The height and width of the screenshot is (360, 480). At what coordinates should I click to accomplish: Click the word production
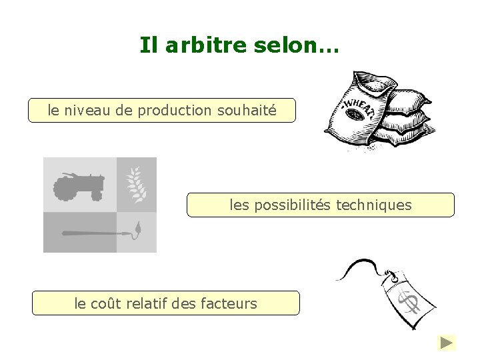pos(175,111)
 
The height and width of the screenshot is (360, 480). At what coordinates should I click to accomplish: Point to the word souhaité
pos(247,111)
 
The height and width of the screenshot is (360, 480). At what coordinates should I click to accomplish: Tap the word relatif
pos(145,303)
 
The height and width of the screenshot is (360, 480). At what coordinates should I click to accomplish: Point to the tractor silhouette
pos(79,186)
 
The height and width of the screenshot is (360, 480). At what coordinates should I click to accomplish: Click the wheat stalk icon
pos(137,184)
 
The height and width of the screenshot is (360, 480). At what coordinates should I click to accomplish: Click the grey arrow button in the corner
pos(447,343)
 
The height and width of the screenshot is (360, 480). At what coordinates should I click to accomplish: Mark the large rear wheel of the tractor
pos(65,190)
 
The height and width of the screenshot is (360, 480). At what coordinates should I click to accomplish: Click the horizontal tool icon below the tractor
pos(93,233)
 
